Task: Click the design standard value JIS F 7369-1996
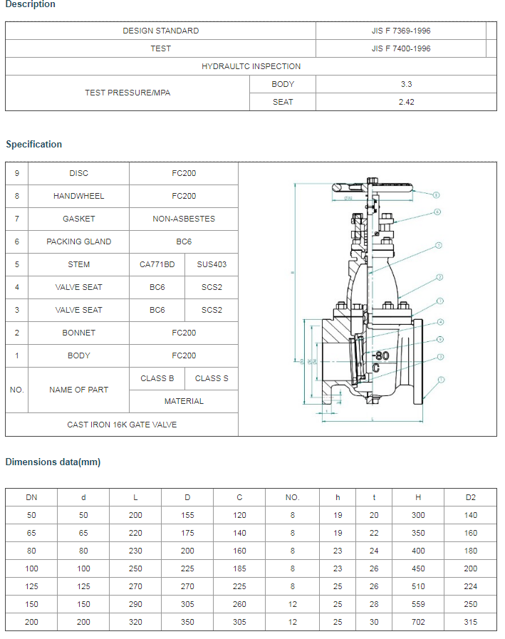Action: pos(401,31)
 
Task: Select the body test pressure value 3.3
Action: pos(406,84)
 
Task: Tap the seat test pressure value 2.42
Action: pos(406,102)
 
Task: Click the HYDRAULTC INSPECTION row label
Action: pos(251,66)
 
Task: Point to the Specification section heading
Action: pos(33,144)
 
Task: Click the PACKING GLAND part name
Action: pos(79,241)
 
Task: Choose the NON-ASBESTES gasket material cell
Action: pos(184,219)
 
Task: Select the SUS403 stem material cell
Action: pos(212,264)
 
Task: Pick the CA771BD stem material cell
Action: pos(157,264)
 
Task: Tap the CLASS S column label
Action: pos(212,378)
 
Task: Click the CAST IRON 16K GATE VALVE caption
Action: pos(122,425)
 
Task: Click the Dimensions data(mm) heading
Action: pos(53,462)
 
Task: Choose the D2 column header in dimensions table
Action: pos(470,497)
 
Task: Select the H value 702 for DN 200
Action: pos(418,622)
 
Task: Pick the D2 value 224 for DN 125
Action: pos(470,586)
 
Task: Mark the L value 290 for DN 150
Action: pos(135,604)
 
